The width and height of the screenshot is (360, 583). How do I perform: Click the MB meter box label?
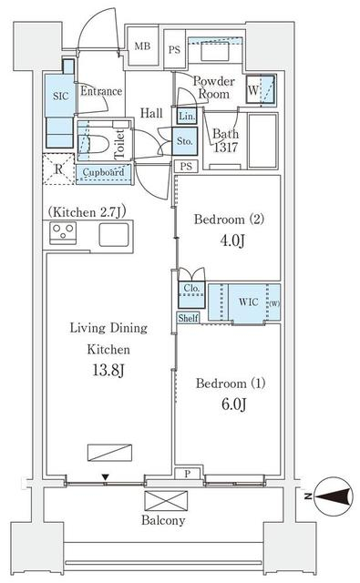tap(142, 46)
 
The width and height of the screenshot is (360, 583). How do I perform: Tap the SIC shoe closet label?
tap(61, 97)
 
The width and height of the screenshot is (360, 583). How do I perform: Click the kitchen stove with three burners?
tap(63, 233)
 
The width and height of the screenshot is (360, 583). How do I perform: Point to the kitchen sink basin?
tap(114, 235)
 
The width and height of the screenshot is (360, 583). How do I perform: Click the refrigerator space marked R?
tap(58, 169)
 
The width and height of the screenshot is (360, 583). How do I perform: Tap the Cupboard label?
tap(103, 172)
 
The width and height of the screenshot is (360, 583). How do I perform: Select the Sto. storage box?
tap(184, 141)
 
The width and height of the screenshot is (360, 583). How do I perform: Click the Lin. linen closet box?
tap(187, 116)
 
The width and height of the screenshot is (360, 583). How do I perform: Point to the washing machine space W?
tap(261, 89)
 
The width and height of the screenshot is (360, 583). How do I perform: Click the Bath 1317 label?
tap(225, 140)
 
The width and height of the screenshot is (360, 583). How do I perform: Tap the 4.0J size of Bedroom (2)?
tap(232, 240)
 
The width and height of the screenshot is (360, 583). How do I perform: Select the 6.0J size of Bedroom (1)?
tap(234, 404)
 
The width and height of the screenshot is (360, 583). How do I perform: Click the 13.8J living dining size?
tap(108, 371)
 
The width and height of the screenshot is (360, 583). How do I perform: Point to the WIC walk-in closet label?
tap(249, 302)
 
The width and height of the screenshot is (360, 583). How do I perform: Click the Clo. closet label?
tap(191, 288)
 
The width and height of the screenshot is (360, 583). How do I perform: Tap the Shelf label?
tap(188, 318)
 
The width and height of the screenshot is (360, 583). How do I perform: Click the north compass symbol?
tap(334, 496)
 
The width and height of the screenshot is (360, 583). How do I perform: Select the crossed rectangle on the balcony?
tap(166, 500)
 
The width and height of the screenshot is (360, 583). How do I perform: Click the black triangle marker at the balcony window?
tap(106, 477)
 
